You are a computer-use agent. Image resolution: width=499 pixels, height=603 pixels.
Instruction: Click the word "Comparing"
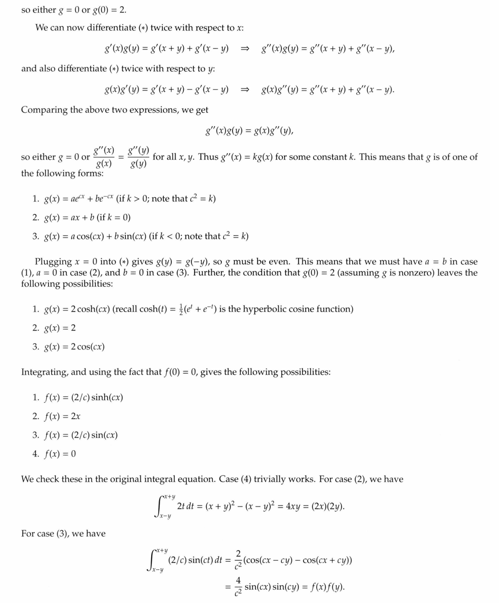[45, 110]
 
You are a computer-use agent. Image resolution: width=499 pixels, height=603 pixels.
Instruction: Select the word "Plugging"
[53, 261]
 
